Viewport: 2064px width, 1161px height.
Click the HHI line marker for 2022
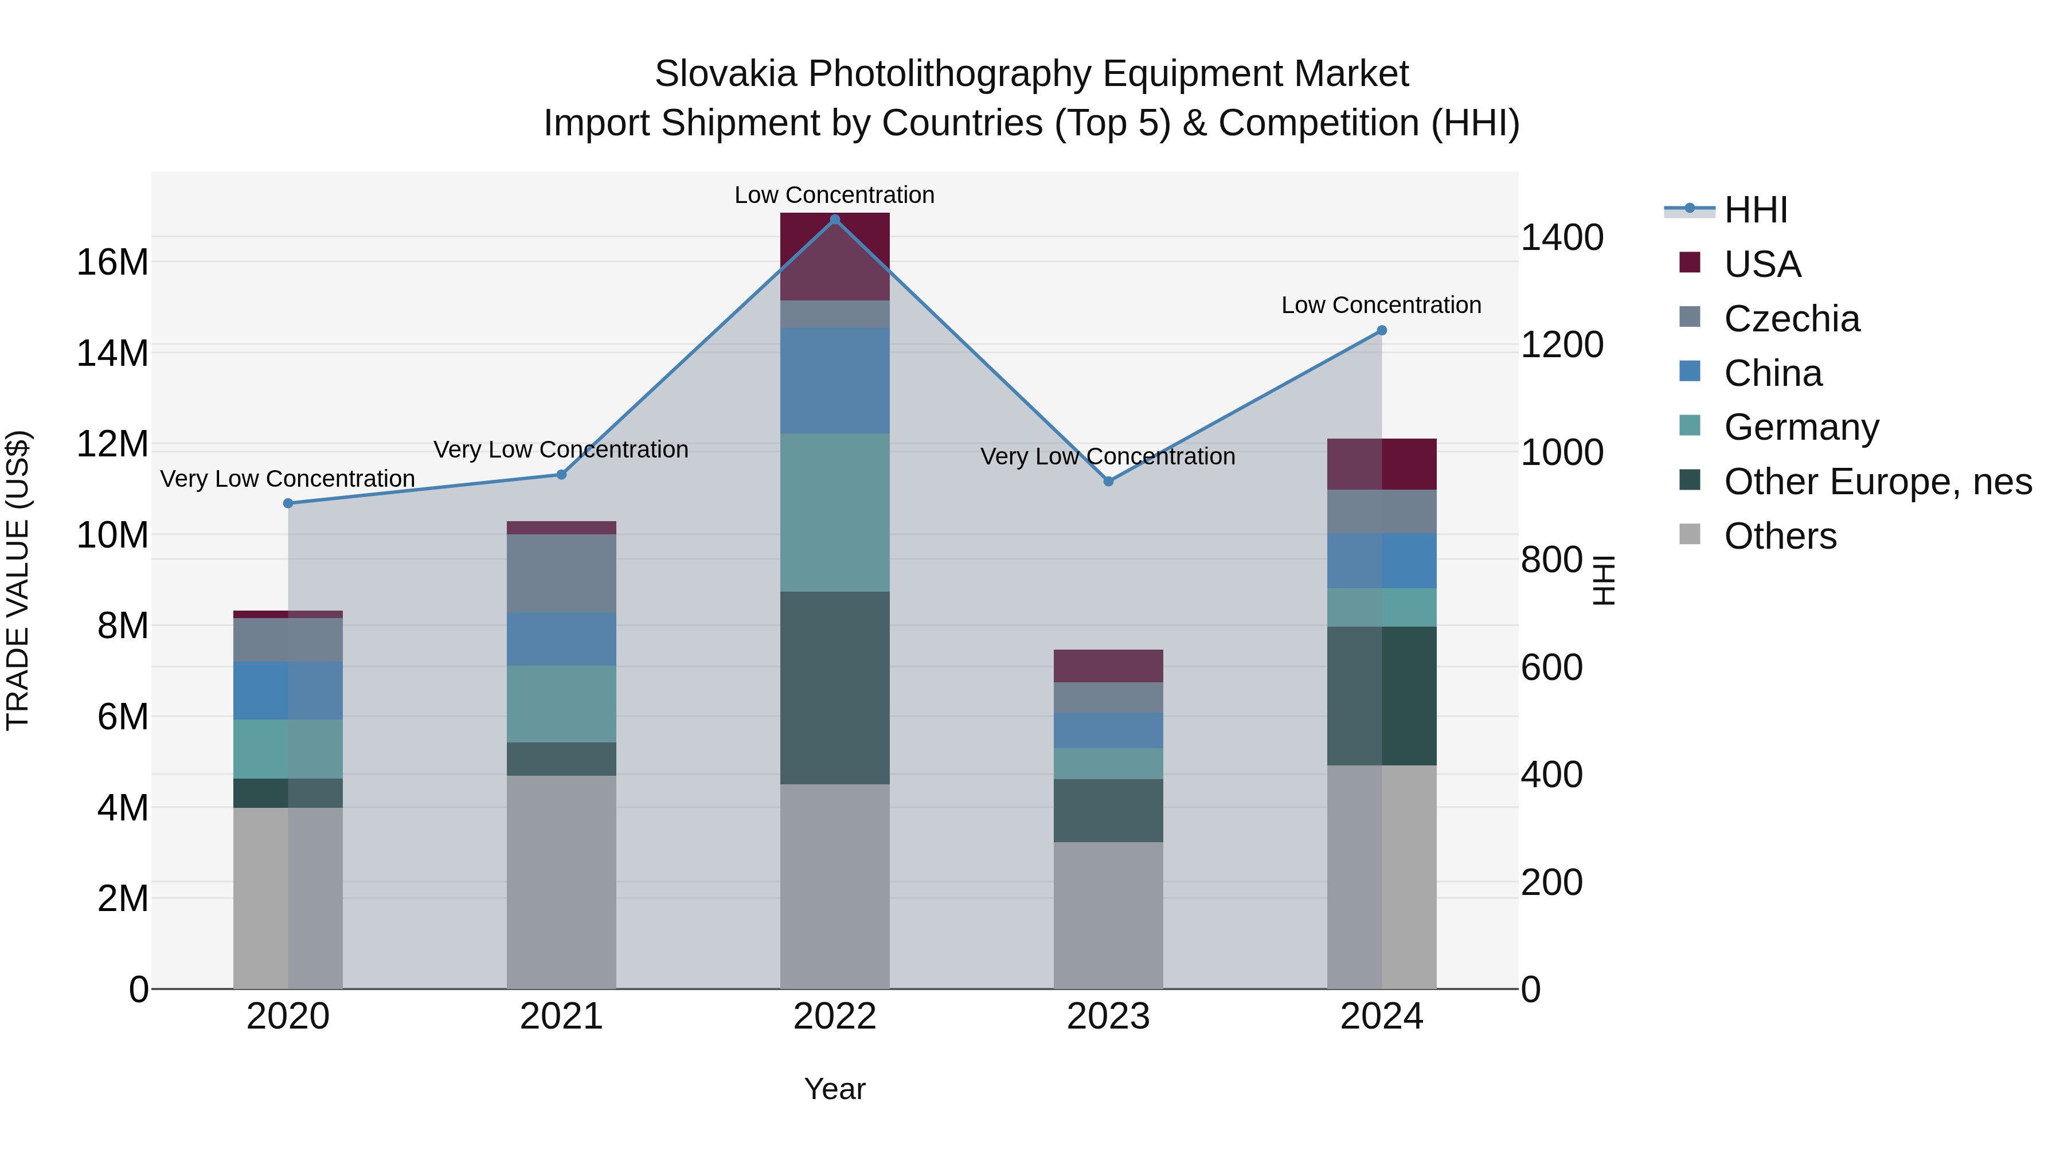click(x=834, y=220)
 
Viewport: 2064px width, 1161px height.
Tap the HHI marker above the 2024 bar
click(x=1381, y=330)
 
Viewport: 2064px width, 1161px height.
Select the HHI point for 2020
click(x=288, y=503)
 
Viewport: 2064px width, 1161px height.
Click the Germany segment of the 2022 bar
click(x=834, y=513)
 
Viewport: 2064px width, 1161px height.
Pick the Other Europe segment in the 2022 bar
click(x=834, y=687)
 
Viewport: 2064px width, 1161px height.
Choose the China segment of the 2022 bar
click(x=834, y=381)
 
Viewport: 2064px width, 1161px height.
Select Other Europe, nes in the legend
click(x=1877, y=482)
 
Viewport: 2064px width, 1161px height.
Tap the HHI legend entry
click(x=1755, y=210)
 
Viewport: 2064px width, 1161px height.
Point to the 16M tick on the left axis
click(x=112, y=262)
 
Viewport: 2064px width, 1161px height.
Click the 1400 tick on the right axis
click(x=1562, y=237)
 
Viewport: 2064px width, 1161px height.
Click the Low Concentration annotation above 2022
click(x=834, y=195)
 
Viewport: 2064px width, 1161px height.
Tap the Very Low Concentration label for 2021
click(x=561, y=449)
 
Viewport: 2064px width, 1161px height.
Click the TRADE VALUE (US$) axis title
click(x=18, y=580)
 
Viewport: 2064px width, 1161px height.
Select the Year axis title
click(x=834, y=1089)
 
